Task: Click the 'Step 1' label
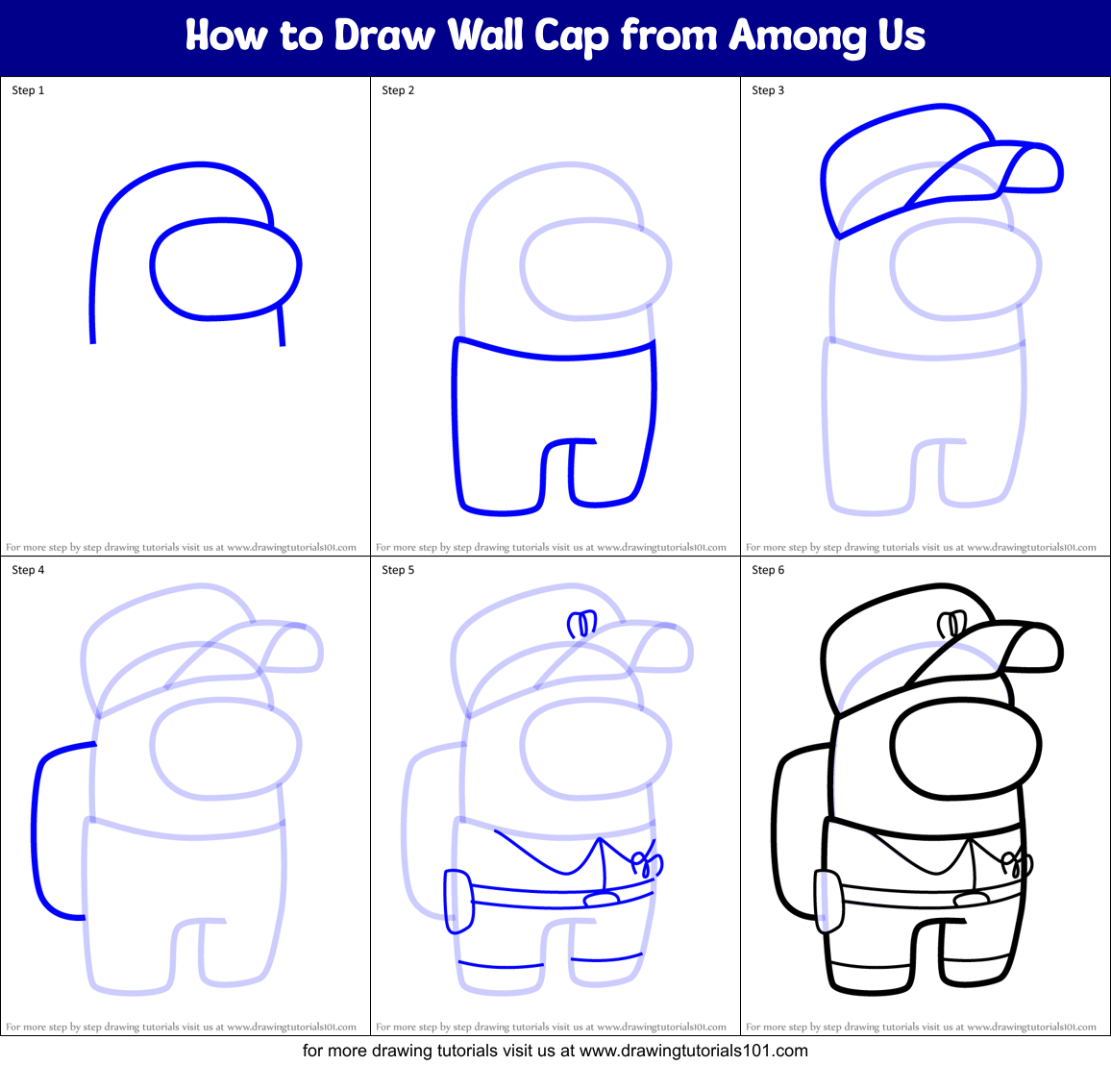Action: [28, 90]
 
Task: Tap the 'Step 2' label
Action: [398, 90]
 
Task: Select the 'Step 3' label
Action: [768, 90]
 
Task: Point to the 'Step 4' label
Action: [28, 570]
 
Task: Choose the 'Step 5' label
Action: [398, 570]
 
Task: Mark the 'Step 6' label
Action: [768, 570]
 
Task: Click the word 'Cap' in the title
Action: [572, 37]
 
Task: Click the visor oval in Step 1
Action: [226, 269]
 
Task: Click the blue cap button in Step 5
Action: [581, 625]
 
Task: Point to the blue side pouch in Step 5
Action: [458, 901]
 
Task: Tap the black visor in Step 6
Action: [966, 749]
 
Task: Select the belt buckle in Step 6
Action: [971, 899]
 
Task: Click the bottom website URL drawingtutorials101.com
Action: [694, 1051]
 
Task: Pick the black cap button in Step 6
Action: [951, 625]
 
